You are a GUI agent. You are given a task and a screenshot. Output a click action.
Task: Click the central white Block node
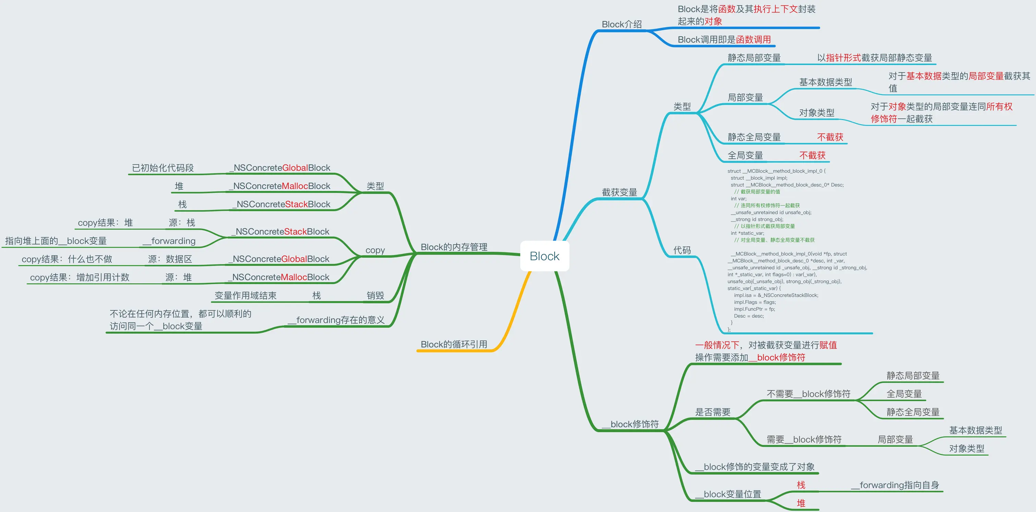(x=544, y=256)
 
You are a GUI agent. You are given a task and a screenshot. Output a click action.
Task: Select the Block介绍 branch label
(x=621, y=24)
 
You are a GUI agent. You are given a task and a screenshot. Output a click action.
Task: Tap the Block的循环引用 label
(x=454, y=344)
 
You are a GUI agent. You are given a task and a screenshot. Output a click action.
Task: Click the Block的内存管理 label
(x=454, y=247)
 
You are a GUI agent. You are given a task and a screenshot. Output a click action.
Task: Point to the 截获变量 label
(x=619, y=192)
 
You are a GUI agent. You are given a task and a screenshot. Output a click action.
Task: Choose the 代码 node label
(x=682, y=250)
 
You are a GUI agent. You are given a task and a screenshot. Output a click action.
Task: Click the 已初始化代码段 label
(x=163, y=168)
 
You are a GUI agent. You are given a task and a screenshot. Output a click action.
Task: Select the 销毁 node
(x=375, y=295)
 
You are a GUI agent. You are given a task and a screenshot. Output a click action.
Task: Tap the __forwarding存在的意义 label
(x=336, y=320)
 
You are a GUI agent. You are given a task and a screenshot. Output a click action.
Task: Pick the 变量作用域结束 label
(x=245, y=295)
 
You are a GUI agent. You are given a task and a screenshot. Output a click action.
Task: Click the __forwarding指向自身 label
(x=895, y=485)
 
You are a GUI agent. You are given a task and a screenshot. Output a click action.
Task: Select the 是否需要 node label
(x=713, y=412)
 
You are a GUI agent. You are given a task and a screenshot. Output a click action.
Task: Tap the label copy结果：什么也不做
(x=67, y=259)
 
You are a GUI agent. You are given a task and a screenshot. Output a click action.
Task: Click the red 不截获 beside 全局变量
(x=812, y=155)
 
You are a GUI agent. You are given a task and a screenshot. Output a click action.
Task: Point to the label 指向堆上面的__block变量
(x=56, y=241)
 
